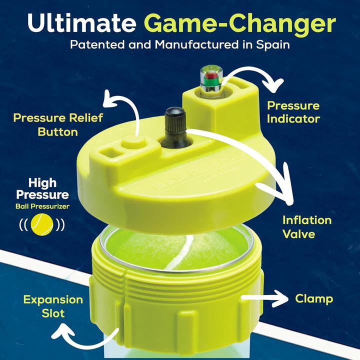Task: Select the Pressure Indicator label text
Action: tap(293, 112)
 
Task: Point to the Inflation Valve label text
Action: tap(306, 226)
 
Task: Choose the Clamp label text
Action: tap(314, 299)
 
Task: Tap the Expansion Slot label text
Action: tap(53, 306)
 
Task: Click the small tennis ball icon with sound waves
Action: tap(42, 224)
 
